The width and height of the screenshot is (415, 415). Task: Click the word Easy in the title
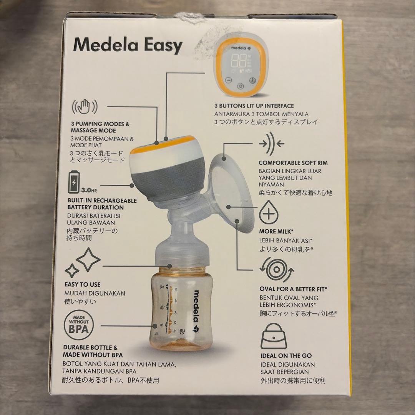(159, 45)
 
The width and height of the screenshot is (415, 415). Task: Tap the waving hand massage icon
(85, 107)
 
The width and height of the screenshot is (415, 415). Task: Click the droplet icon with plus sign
(269, 212)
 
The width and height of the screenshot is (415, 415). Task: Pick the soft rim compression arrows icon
(272, 144)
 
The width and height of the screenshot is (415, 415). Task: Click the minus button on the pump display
(229, 80)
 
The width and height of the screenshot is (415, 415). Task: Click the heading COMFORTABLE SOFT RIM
(293, 163)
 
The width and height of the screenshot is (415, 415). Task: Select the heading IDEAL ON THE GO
(286, 356)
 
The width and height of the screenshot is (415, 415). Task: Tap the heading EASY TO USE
(83, 284)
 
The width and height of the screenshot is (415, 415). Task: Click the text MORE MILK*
(276, 231)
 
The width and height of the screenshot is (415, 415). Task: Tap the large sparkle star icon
(88, 260)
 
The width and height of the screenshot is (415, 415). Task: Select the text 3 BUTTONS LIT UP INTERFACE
(254, 106)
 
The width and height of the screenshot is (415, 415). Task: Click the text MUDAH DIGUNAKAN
(95, 293)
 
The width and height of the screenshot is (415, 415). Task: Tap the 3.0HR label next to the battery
(89, 190)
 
